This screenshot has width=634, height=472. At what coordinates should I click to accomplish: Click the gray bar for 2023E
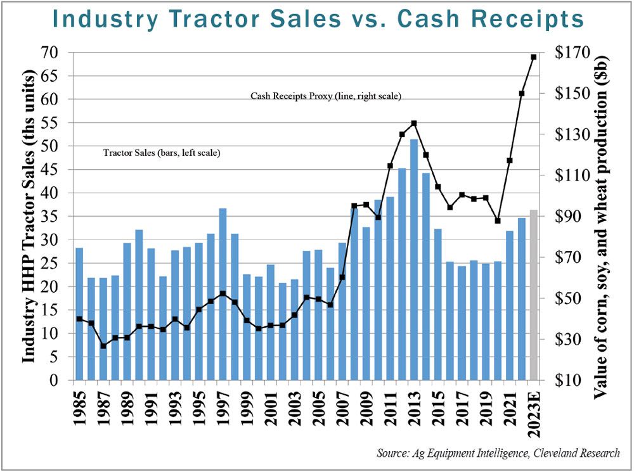click(534, 295)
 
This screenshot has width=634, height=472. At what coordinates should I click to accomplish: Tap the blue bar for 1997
click(223, 295)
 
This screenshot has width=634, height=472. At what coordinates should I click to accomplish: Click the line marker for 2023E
click(534, 57)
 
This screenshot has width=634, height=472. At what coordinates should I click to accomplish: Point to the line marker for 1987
click(103, 346)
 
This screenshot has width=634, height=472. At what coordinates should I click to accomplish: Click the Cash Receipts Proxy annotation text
click(326, 96)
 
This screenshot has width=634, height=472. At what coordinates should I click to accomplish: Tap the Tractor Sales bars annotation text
click(162, 153)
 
